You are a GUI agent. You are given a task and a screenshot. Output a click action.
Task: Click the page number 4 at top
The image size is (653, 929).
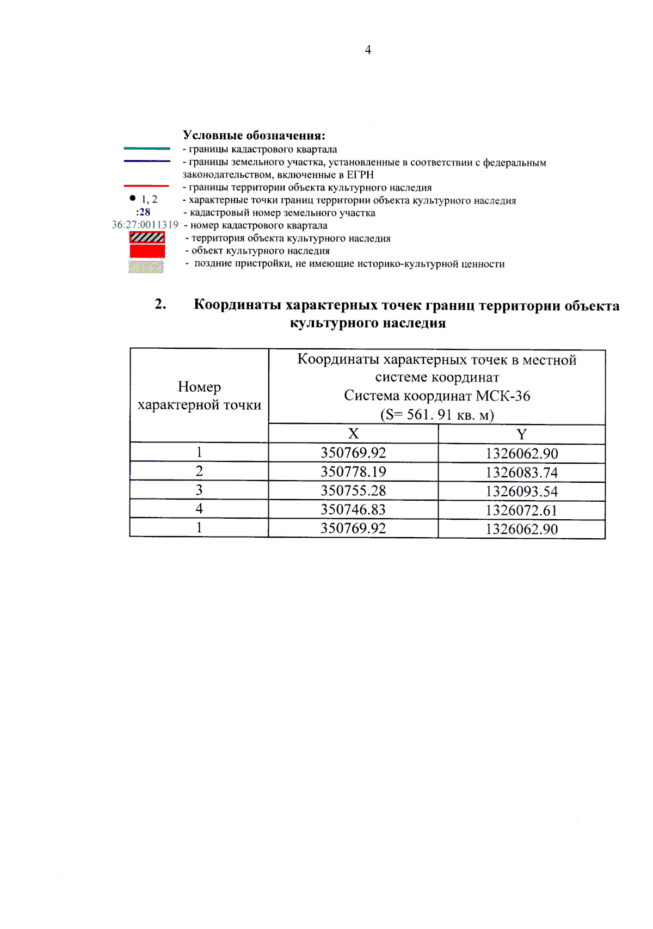(368, 50)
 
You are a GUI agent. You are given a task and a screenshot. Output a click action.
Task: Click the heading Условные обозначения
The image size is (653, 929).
(254, 135)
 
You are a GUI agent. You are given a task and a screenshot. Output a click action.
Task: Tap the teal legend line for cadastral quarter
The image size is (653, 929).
(147, 148)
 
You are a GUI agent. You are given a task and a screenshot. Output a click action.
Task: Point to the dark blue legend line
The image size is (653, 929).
(147, 161)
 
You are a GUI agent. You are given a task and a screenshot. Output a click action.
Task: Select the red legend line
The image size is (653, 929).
(147, 186)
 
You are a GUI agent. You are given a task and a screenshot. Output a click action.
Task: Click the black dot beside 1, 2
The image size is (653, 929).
(133, 198)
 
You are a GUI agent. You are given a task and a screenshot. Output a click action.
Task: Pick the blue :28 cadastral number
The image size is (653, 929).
(143, 212)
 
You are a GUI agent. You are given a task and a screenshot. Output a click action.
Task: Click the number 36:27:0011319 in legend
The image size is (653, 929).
(145, 225)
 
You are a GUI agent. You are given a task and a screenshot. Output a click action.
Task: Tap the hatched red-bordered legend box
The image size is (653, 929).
(147, 237)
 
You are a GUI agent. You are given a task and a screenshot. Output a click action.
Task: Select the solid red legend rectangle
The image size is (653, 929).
(147, 251)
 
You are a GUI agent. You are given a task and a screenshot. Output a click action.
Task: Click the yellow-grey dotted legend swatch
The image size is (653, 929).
(146, 267)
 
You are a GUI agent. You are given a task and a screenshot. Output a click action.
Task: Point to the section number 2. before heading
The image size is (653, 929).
(160, 304)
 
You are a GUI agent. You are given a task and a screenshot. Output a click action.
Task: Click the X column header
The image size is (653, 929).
(353, 434)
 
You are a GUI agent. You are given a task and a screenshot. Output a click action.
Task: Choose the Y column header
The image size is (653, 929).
(521, 434)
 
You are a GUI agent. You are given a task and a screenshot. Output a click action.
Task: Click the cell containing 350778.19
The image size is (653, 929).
(353, 471)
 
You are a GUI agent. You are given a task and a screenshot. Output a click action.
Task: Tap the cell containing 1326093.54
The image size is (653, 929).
(521, 491)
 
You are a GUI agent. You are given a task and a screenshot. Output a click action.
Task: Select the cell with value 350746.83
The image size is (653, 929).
(353, 509)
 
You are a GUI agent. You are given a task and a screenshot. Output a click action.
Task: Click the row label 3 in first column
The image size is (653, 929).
(199, 490)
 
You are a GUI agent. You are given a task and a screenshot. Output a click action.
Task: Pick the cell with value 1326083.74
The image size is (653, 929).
(521, 472)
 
